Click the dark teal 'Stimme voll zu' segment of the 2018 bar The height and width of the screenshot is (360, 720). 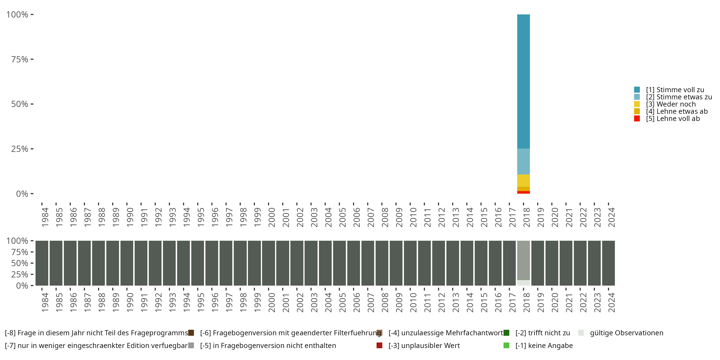click(x=523, y=81)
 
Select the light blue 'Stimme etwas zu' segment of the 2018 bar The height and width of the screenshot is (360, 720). click(x=523, y=161)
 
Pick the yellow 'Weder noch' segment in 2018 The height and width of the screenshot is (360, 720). click(x=523, y=180)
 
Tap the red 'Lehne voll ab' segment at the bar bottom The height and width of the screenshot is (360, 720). click(x=523, y=192)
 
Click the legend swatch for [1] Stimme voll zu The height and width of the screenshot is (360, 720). click(x=637, y=90)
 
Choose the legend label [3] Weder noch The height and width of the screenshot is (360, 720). click(x=671, y=104)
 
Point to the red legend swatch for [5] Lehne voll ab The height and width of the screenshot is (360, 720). click(x=637, y=119)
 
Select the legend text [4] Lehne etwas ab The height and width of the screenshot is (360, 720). click(x=676, y=111)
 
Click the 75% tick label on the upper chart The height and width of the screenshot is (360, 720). click(x=20, y=59)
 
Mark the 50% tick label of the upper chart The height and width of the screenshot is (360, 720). click(x=20, y=104)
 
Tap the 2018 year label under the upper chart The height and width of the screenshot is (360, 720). click(x=526, y=217)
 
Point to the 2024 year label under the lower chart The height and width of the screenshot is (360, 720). click(x=611, y=302)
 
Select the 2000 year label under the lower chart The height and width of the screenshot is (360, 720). click(x=271, y=302)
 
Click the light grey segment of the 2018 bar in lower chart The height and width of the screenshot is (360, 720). click(x=523, y=260)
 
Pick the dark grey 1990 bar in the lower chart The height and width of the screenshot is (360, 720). click(x=127, y=263)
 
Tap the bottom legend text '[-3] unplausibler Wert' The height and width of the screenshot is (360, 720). click(x=424, y=345)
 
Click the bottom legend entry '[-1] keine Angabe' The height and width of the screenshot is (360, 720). click(x=544, y=345)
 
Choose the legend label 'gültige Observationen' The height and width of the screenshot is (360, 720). click(x=626, y=333)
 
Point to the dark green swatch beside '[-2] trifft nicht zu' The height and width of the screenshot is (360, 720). click(x=506, y=333)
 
